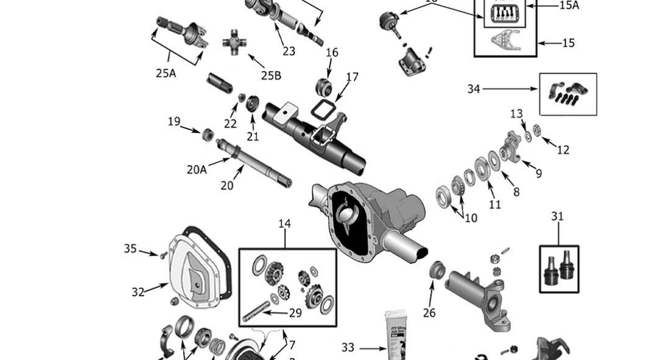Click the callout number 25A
166,73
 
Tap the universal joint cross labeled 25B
234,44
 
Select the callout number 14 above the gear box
284,223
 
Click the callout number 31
558,216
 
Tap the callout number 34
474,89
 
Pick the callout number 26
429,312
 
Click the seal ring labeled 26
438,271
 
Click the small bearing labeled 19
209,134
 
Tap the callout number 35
130,248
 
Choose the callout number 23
288,51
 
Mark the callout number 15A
570,5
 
